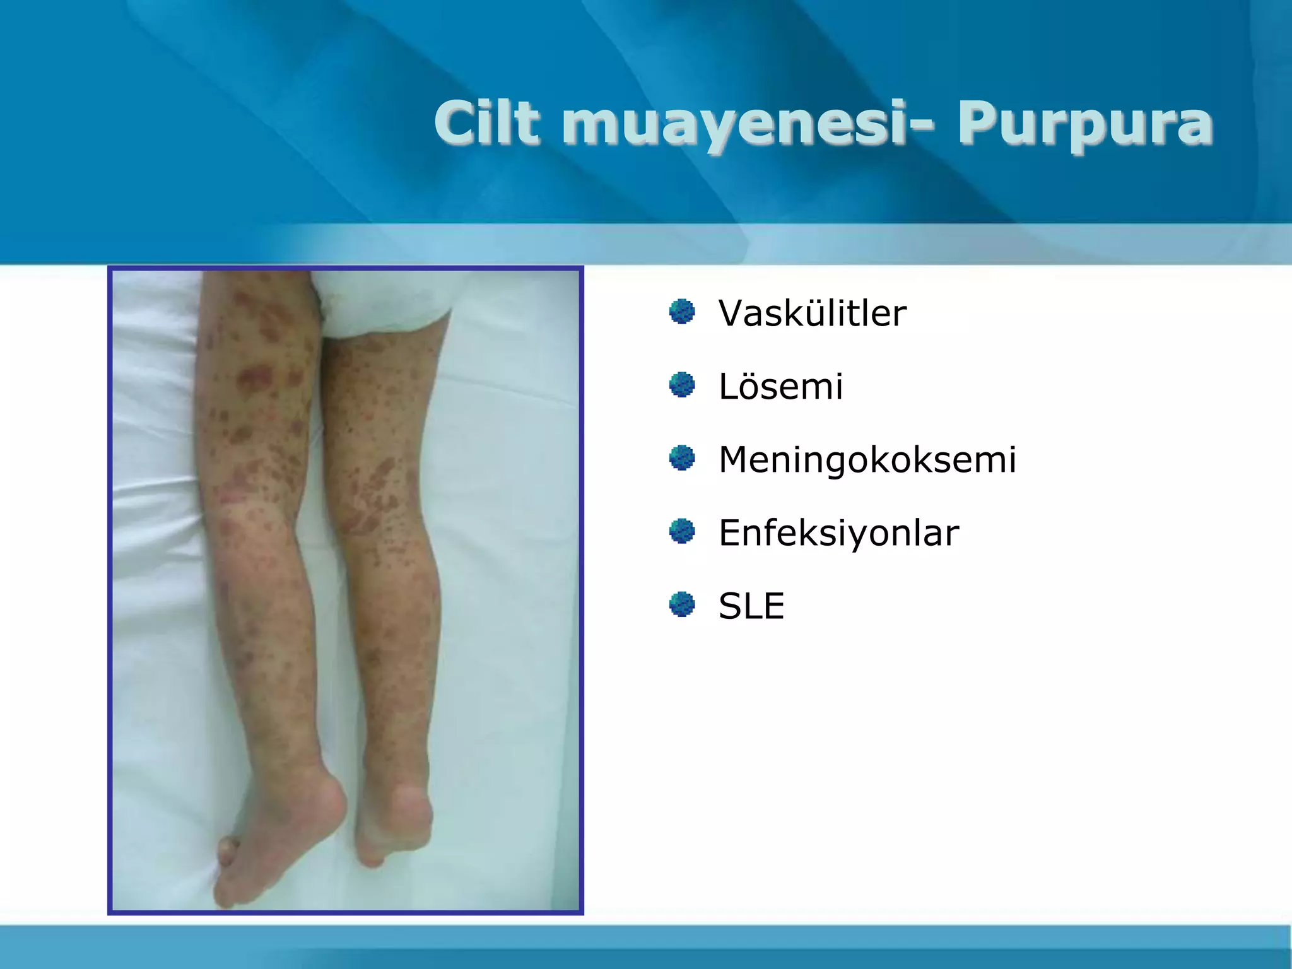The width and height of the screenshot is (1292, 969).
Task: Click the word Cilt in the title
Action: pos(487,122)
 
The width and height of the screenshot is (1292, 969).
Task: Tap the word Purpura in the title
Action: pos(1085,124)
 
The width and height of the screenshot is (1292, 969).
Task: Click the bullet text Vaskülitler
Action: pos(813,313)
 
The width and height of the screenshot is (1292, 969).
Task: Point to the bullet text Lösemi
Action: pos(781,386)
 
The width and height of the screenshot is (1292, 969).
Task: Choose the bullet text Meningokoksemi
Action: pos(867,459)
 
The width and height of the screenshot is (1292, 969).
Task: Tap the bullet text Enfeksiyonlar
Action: pos(838,532)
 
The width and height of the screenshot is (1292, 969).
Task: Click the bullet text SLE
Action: pos(751,606)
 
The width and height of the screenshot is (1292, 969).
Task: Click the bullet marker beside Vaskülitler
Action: pos(682,312)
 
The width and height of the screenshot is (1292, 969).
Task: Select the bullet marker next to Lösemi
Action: pos(682,385)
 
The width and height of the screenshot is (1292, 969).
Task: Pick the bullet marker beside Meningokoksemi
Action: pos(682,458)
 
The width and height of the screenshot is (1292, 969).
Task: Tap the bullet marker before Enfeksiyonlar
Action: pos(682,531)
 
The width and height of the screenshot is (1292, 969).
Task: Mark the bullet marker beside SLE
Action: pos(682,604)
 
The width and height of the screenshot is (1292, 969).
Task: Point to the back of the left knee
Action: pos(252,505)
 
